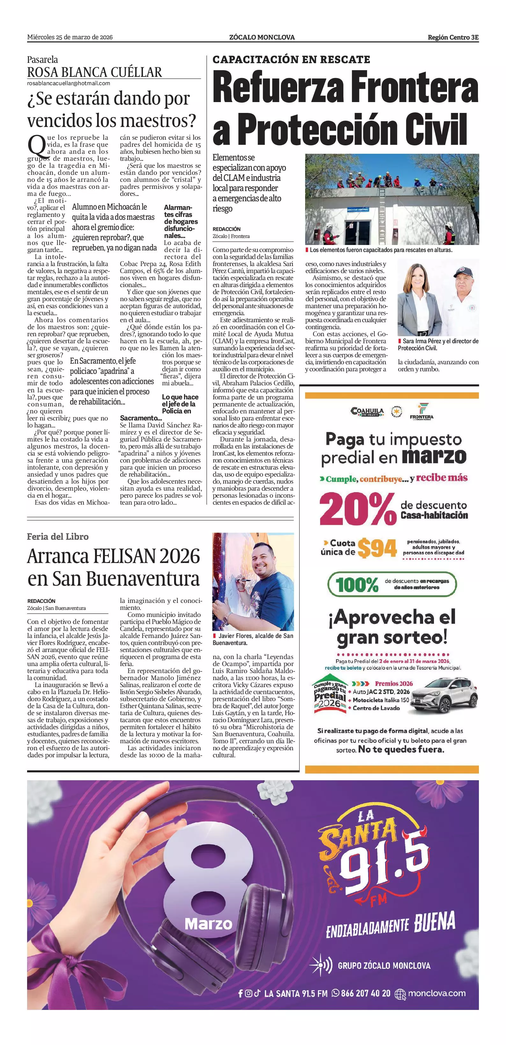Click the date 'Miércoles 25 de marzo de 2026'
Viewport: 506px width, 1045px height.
pyautogui.click(x=70, y=37)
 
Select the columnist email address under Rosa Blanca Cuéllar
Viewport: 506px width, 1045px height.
pyautogui.click(x=69, y=83)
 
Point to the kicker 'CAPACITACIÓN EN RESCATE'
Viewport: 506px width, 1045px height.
pyautogui.click(x=291, y=60)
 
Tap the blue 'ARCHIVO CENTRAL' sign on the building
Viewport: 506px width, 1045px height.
pyautogui.click(x=358, y=210)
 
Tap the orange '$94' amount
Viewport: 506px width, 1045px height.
pyautogui.click(x=377, y=549)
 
